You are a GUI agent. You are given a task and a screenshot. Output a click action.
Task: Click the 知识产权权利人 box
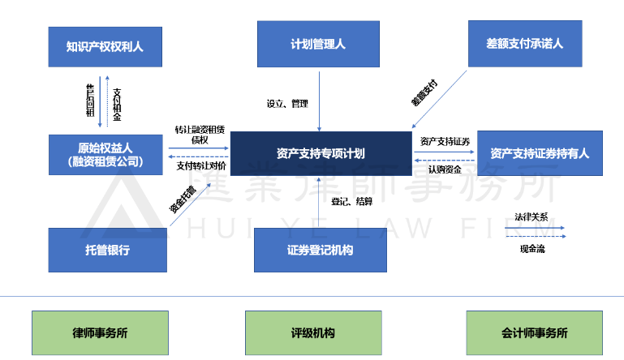[x=105, y=45]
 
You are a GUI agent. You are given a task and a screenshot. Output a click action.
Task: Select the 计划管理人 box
[x=318, y=44]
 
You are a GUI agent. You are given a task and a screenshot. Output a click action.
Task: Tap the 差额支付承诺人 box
[x=536, y=44]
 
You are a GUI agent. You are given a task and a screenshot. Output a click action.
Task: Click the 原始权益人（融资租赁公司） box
[x=105, y=154]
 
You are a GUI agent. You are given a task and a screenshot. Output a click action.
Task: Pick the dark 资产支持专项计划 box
[x=320, y=153]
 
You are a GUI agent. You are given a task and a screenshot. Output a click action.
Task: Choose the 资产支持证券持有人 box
[x=539, y=153]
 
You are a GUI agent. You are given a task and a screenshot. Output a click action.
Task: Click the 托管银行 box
[x=107, y=250]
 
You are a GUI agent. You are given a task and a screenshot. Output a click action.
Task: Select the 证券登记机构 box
[x=320, y=250]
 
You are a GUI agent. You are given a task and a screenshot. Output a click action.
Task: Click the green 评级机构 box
[x=312, y=332]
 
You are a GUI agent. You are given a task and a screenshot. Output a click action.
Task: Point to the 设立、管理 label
[x=288, y=104]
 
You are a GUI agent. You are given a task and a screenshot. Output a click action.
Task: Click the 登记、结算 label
[x=352, y=201]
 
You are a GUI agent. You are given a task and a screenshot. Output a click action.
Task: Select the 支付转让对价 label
[x=200, y=165]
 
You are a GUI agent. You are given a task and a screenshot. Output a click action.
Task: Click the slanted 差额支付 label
[x=424, y=93]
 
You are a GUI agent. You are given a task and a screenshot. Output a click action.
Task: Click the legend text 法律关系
[x=531, y=217]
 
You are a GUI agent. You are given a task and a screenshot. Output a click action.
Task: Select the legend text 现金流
[x=532, y=249]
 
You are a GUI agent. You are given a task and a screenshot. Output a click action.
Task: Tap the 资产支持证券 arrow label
[x=445, y=141]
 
